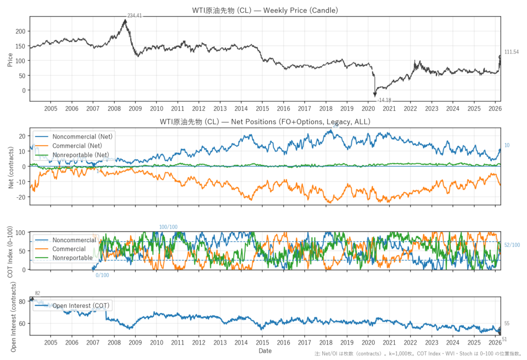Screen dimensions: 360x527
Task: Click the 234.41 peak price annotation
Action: pyautogui.click(x=134, y=16)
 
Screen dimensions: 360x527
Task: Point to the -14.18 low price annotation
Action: pyautogui.click(x=384, y=99)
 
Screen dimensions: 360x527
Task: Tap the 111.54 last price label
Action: pyautogui.click(x=512, y=52)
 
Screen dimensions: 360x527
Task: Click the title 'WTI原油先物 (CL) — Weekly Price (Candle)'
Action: pyautogui.click(x=265, y=10)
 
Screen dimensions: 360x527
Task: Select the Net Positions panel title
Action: pyautogui.click(x=265, y=122)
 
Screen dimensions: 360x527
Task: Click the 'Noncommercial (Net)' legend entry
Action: pyautogui.click(x=82, y=136)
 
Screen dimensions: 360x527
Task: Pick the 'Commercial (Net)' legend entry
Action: pyautogui.click(x=78, y=145)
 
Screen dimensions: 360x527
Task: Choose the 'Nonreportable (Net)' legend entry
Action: pyautogui.click(x=81, y=155)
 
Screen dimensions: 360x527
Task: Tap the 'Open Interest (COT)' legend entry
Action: pyautogui.click(x=80, y=305)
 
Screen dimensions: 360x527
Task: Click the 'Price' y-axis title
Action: pyautogui.click(x=10, y=59)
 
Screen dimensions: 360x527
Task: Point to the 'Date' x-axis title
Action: pyautogui.click(x=265, y=351)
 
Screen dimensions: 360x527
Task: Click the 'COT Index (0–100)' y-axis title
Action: pyautogui.click(x=10, y=251)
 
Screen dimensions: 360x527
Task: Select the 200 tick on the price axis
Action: pyautogui.click(x=19, y=31)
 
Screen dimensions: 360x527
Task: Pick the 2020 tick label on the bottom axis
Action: pyautogui.click(x=368, y=342)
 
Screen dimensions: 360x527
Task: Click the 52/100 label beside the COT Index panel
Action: pyautogui.click(x=512, y=245)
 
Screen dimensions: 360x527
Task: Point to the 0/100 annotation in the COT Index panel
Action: pyautogui.click(x=102, y=275)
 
